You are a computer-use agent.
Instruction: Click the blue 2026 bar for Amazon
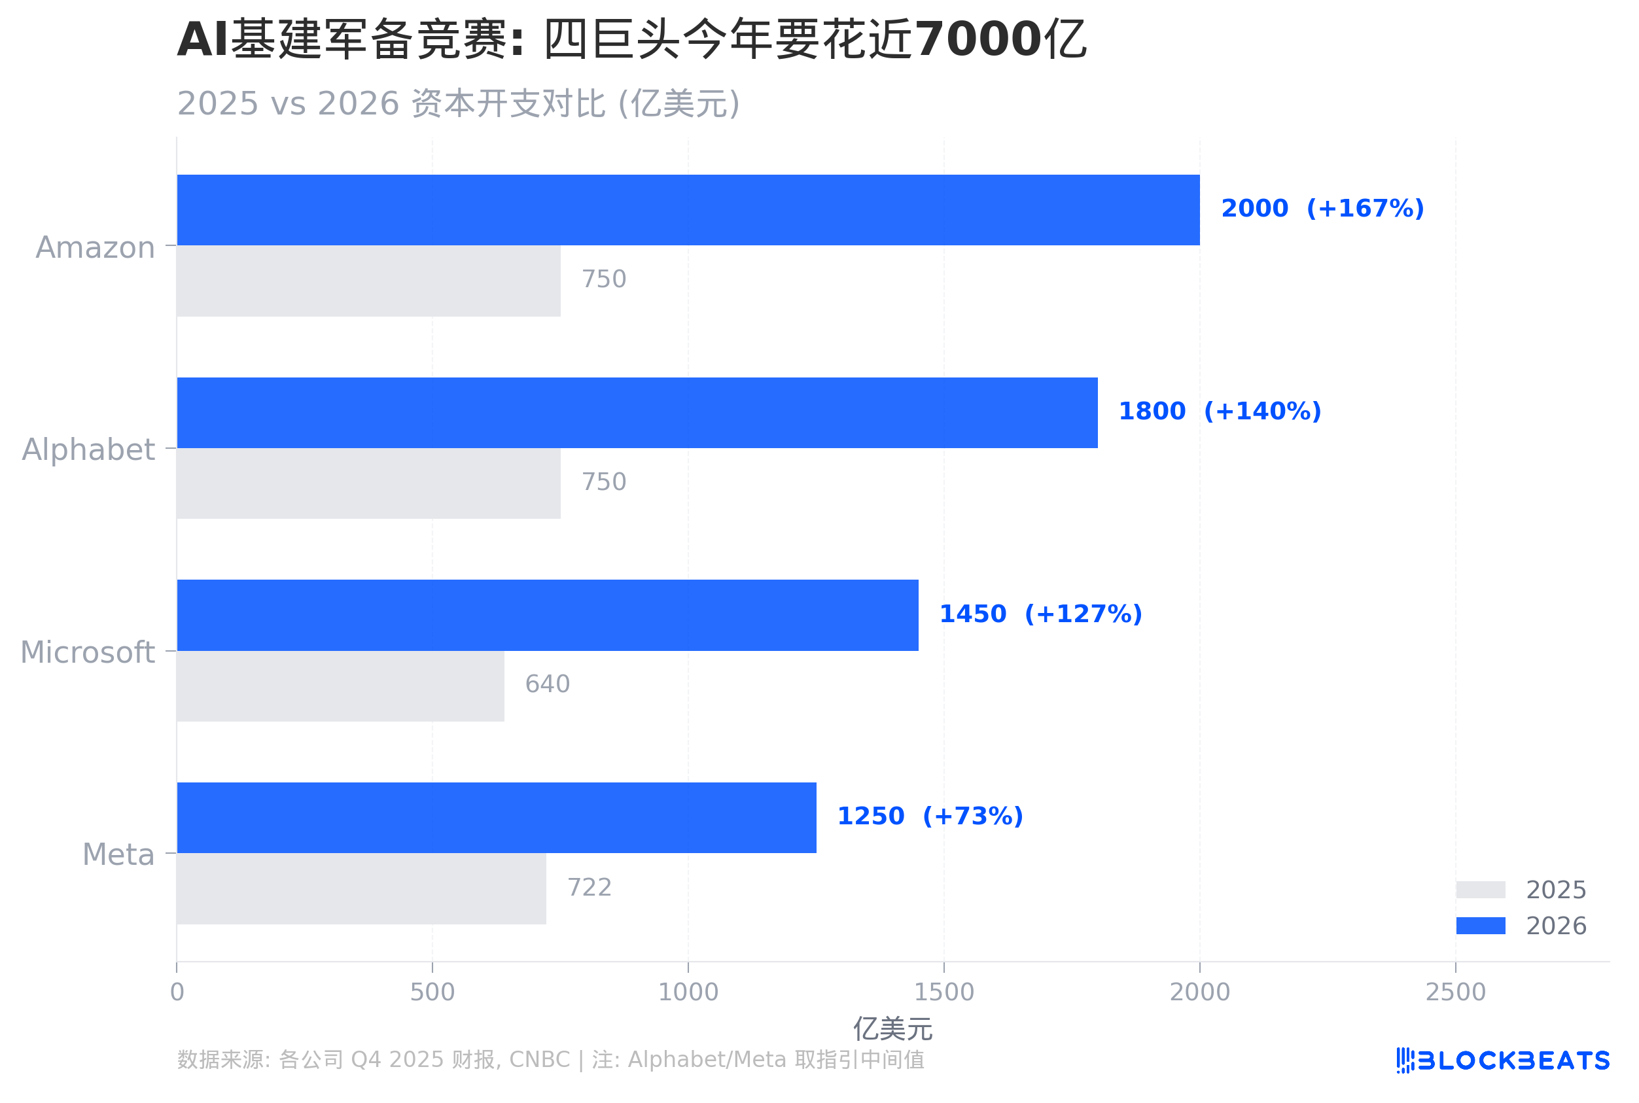coord(688,209)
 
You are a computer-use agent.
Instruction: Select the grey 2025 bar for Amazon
coord(368,281)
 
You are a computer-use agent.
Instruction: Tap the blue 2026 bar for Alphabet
coord(637,412)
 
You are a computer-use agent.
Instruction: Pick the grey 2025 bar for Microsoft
coord(340,686)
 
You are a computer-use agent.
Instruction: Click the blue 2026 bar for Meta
coord(496,817)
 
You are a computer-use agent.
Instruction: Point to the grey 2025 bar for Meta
coord(362,888)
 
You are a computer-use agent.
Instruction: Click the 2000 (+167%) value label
coord(1322,208)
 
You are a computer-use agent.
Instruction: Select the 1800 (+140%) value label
coord(1219,411)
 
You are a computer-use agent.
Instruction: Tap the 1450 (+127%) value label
coord(1040,614)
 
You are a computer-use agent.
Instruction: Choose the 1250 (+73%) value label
coord(929,816)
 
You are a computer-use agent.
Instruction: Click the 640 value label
coord(547,684)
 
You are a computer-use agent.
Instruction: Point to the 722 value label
coord(589,887)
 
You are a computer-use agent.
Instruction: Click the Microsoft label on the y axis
coord(87,652)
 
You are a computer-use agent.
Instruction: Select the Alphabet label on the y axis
coord(88,449)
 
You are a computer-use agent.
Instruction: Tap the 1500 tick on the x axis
coord(943,992)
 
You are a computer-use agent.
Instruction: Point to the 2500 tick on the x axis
coord(1454,992)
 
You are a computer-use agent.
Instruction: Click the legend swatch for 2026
coord(1480,926)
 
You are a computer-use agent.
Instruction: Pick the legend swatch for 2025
coord(1480,890)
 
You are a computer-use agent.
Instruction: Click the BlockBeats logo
coord(1502,1060)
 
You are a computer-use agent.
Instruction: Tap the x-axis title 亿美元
coord(892,1029)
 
